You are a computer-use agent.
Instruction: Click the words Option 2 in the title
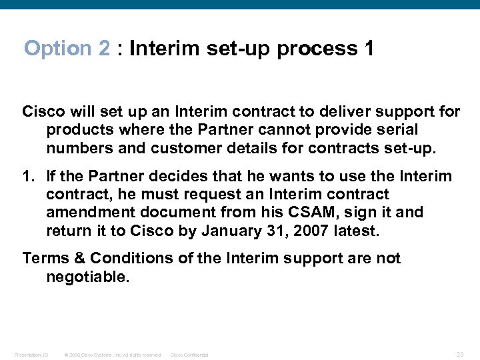[67, 49]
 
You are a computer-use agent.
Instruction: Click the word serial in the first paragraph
[396, 129]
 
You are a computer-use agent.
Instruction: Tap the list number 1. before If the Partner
[29, 177]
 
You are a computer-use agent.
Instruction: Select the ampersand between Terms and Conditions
[79, 258]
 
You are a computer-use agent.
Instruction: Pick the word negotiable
[87, 276]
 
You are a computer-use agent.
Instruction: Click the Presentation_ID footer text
[31, 355]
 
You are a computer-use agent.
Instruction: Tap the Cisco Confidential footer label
[189, 355]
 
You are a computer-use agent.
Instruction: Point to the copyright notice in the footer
[113, 355]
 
